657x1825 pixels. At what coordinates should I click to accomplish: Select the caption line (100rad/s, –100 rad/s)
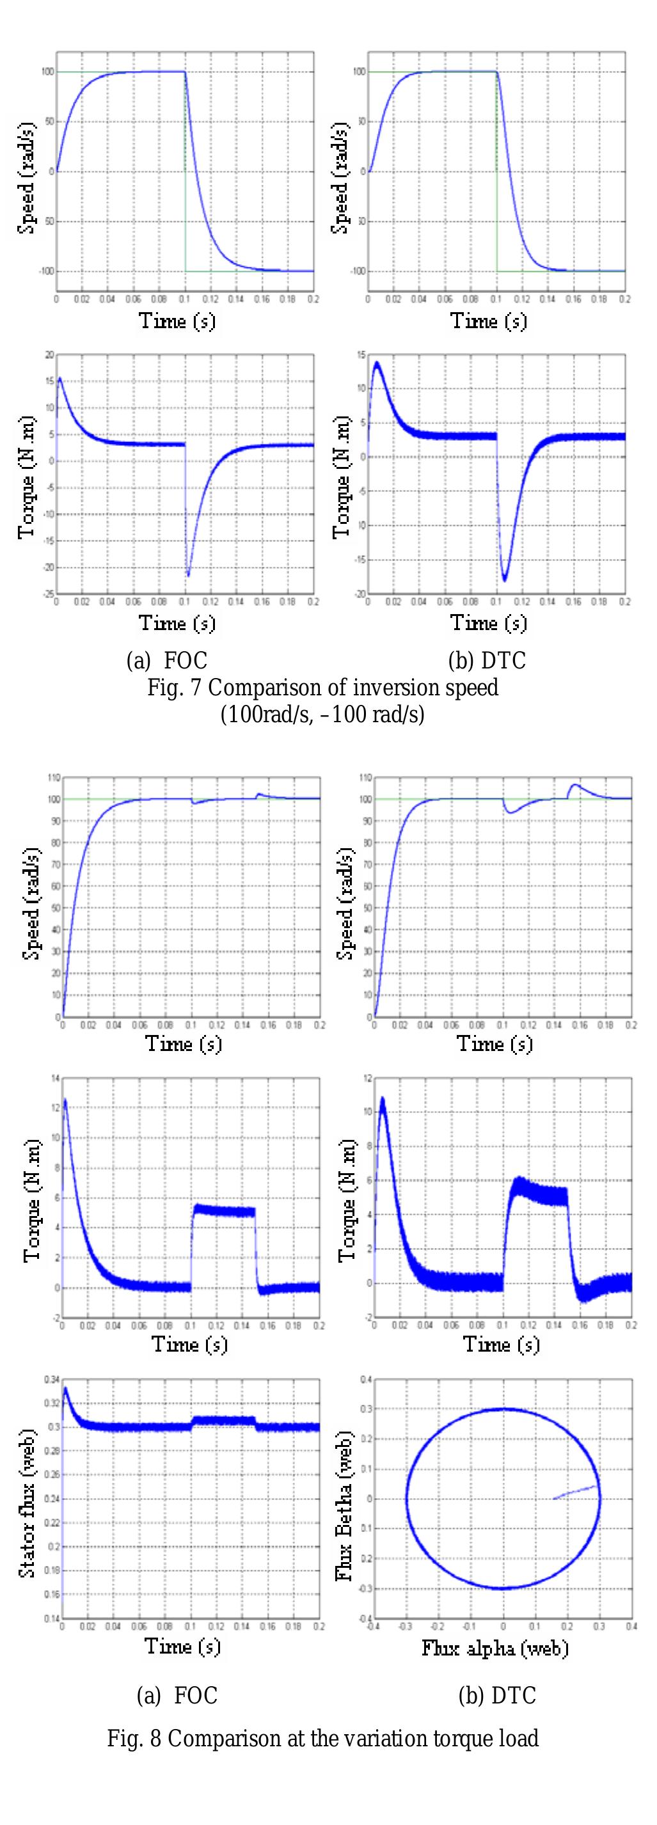(x=322, y=713)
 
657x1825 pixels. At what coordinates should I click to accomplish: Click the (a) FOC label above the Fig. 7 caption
(x=166, y=660)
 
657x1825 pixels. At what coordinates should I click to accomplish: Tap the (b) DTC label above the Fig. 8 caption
(x=497, y=1695)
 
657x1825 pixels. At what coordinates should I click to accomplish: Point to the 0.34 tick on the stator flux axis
(x=51, y=1379)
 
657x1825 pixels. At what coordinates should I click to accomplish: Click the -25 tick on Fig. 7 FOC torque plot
(x=49, y=594)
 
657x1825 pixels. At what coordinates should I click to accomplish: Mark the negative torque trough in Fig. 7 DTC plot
(x=505, y=580)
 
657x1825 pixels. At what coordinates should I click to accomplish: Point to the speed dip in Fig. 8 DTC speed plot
(x=511, y=812)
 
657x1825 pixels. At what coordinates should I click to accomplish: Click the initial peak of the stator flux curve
(x=65, y=1388)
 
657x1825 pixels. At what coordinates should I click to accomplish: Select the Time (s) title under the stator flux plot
(x=182, y=1645)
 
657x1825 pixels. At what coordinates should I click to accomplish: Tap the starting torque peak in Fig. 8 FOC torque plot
(x=65, y=1100)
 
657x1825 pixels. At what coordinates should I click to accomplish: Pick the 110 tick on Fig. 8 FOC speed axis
(x=53, y=777)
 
